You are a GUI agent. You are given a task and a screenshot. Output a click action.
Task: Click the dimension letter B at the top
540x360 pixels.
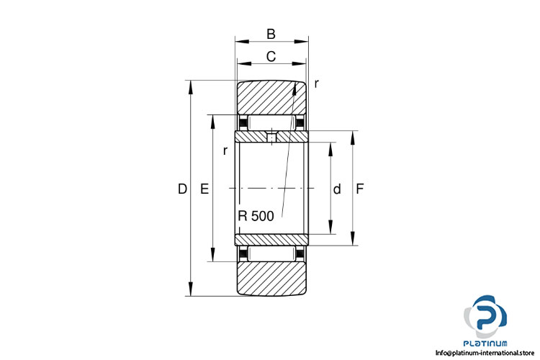point(271,34)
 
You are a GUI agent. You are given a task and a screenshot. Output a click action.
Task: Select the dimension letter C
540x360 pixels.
point(271,56)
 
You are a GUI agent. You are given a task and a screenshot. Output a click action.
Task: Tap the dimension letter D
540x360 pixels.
point(182,189)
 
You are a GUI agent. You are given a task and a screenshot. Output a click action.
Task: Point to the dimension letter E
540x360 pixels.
point(204,189)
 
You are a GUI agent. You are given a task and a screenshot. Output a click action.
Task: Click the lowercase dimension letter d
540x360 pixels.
point(337,189)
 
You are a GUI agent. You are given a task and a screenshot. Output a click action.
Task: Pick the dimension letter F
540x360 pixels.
point(359,189)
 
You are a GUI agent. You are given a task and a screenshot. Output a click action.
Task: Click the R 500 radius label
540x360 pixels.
point(256,216)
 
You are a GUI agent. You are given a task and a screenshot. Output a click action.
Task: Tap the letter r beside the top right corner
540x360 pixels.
point(316,84)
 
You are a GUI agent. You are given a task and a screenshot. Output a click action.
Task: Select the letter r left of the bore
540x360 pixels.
point(225,150)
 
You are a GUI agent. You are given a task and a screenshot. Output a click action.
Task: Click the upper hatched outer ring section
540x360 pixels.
point(271,98)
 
